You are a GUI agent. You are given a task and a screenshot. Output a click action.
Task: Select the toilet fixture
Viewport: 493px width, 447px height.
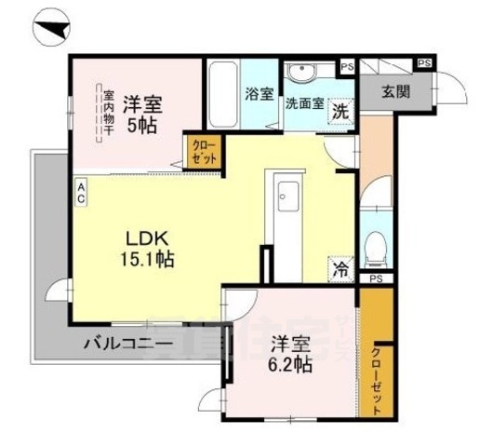pyautogui.click(x=377, y=248)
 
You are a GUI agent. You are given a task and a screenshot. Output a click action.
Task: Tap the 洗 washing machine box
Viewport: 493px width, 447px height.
pyautogui.click(x=341, y=107)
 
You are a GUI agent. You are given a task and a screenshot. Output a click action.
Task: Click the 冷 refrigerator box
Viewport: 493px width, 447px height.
pyautogui.click(x=340, y=269)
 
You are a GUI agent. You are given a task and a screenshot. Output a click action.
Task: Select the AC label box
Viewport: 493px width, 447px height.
pyautogui.click(x=81, y=191)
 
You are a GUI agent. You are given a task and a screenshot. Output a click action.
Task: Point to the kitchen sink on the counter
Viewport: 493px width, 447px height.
pyautogui.click(x=286, y=196)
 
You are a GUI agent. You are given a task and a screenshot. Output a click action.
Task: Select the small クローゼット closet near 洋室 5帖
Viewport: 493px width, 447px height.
pyautogui.click(x=203, y=151)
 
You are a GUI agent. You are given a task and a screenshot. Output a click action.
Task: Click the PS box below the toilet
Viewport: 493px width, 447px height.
pyautogui.click(x=376, y=278)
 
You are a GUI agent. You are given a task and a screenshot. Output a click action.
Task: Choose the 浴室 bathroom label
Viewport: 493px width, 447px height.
pyautogui.click(x=260, y=93)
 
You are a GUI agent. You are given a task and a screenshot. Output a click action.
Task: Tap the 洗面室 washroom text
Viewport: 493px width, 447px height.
pyautogui.click(x=305, y=104)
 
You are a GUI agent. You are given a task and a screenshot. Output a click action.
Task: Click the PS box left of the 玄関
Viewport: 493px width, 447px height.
pyautogui.click(x=347, y=67)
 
